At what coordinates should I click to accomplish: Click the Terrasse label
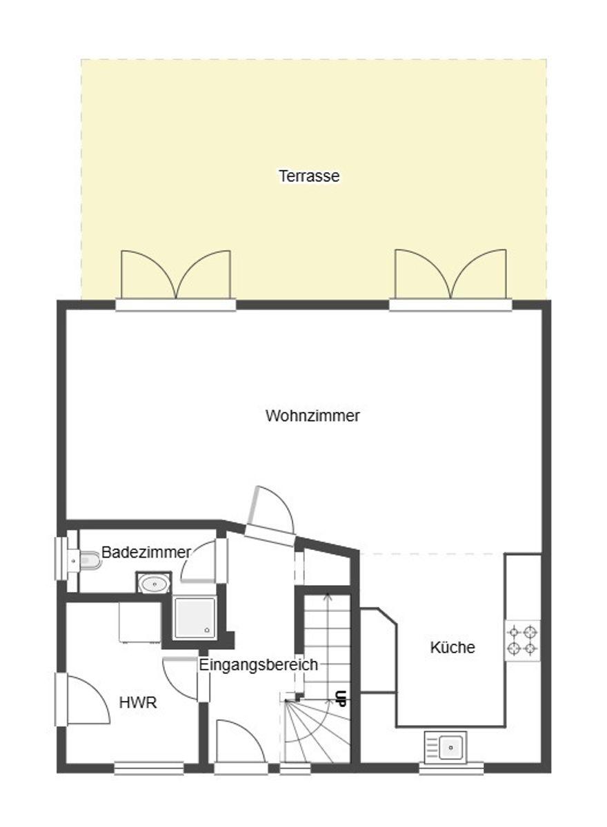click(309, 176)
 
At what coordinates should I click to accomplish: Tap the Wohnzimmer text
click(312, 416)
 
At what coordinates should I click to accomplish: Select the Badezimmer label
click(146, 552)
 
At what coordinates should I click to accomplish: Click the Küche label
click(452, 647)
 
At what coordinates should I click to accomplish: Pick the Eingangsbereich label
click(258, 664)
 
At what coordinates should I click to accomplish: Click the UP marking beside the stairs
click(341, 699)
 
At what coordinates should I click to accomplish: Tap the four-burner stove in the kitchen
click(523, 640)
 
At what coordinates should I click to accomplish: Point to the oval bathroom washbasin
click(154, 584)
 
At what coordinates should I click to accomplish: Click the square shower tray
click(195, 618)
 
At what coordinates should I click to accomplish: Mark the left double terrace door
click(176, 280)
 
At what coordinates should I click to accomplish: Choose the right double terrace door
click(450, 279)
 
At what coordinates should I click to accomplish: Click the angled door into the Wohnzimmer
click(270, 517)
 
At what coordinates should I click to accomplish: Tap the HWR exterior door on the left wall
click(82, 700)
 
